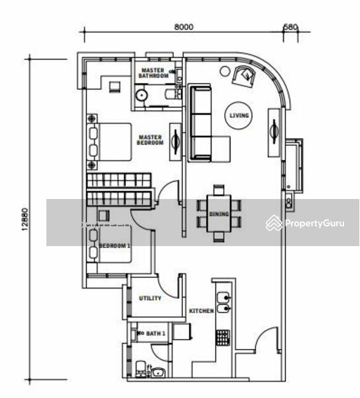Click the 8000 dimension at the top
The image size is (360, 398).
point(184,27)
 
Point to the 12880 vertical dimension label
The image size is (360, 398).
point(25,220)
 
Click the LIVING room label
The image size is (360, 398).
point(239,115)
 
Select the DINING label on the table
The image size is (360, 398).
point(219,214)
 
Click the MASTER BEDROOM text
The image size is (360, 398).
point(150,140)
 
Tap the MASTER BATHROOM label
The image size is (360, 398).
point(153,73)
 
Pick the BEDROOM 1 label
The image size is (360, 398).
point(115,245)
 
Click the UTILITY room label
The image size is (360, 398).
point(150,298)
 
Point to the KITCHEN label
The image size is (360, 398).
point(202,310)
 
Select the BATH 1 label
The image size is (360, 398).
point(156,333)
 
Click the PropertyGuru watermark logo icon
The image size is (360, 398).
point(274,223)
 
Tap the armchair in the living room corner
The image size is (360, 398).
point(244,76)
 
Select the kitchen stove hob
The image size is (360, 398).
point(223,338)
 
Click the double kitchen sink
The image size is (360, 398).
point(224,302)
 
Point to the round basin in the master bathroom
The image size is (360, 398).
point(141,95)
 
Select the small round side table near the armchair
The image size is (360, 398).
point(225,71)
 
